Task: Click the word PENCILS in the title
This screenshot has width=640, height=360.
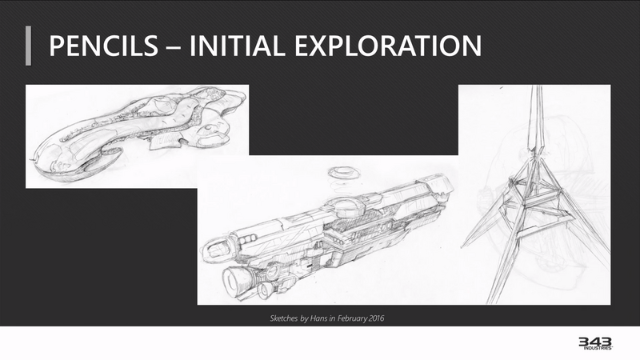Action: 103,46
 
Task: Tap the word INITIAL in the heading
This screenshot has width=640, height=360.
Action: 236,46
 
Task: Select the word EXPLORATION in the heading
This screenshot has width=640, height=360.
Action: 388,46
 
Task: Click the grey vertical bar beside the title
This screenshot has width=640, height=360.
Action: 28,46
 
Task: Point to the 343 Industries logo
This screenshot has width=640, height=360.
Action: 595,343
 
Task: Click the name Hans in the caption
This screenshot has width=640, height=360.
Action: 318,318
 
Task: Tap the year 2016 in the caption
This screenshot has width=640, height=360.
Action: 376,318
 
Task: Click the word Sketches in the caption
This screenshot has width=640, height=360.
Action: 284,318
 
